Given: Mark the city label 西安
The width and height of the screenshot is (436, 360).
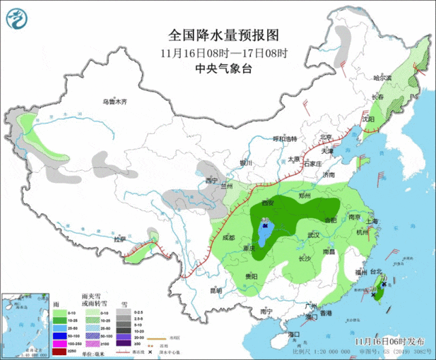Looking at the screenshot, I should click(x=267, y=203).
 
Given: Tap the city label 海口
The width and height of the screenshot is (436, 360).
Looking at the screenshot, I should click(x=294, y=335).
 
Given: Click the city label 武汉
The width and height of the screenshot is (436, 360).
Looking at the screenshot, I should click(x=314, y=235).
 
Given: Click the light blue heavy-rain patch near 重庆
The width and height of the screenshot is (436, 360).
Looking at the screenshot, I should click(x=265, y=233).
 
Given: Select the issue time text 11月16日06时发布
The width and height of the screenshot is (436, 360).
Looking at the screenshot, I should click(x=390, y=340).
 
